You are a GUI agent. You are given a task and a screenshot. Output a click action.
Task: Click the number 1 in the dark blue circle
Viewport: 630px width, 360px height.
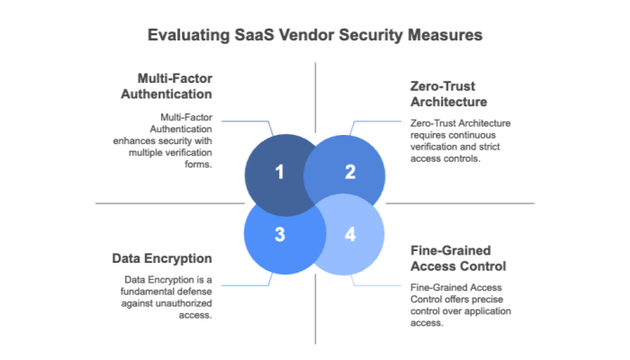click(279, 172)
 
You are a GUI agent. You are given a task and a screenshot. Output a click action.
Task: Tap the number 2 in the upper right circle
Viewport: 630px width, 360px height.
click(350, 172)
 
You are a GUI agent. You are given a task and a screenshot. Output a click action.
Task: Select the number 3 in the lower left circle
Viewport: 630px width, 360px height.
click(279, 235)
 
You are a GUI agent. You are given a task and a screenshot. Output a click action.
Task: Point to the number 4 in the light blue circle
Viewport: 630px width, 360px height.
click(350, 235)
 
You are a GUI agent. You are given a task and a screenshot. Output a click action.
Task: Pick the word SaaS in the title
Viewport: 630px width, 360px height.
click(253, 36)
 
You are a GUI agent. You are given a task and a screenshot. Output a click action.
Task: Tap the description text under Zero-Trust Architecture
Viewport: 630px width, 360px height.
click(460, 139)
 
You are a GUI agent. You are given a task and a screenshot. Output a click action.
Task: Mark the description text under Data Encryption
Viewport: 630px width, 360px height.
click(170, 296)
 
